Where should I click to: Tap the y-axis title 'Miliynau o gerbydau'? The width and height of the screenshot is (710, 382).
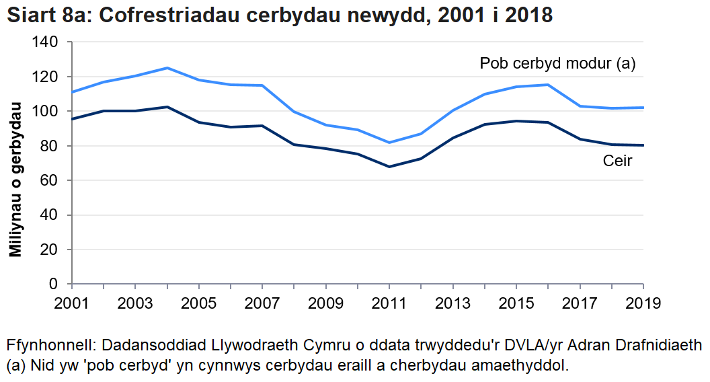click(15, 180)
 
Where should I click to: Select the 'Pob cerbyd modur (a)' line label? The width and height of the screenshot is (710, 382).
click(557, 64)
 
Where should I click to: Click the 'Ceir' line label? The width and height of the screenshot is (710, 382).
click(617, 161)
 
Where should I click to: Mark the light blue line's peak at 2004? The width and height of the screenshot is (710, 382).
click(167, 68)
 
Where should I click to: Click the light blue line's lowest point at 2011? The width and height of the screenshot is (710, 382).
click(389, 143)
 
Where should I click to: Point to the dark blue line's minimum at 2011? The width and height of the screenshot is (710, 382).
click(389, 167)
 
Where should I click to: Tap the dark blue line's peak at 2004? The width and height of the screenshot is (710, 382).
click(167, 107)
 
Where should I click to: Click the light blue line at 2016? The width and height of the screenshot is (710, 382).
click(548, 85)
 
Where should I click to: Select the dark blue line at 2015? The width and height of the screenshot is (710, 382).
click(516, 121)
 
